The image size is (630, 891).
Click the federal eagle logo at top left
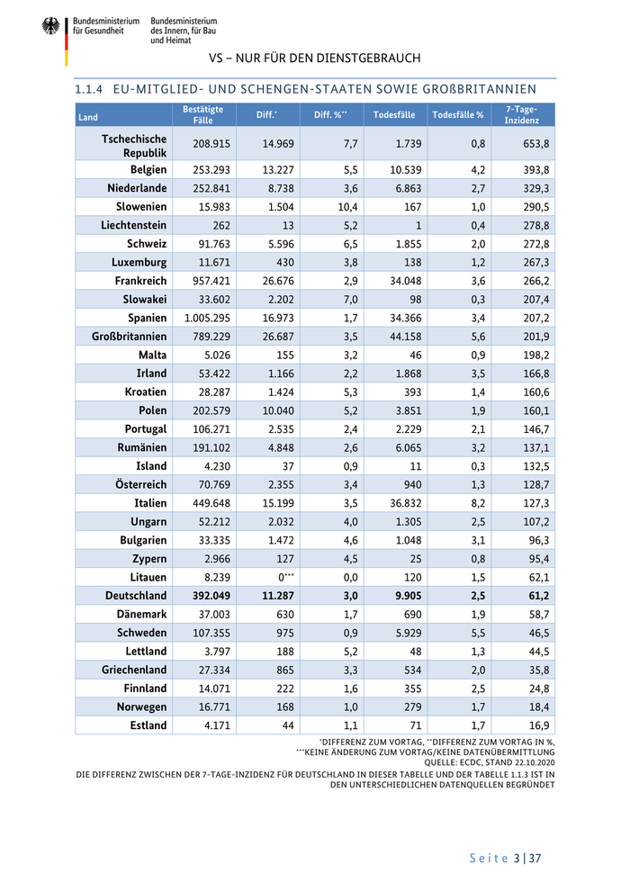click(x=50, y=26)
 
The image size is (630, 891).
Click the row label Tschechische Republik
click(x=134, y=145)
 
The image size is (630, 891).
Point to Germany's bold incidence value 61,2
click(x=535, y=596)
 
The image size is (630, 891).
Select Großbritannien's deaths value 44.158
click(x=396, y=337)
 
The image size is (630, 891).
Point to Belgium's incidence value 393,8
click(x=535, y=170)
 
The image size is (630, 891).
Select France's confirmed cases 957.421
click(x=211, y=281)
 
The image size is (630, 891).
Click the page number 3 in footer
click(x=517, y=859)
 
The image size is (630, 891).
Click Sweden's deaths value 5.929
click(x=397, y=633)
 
